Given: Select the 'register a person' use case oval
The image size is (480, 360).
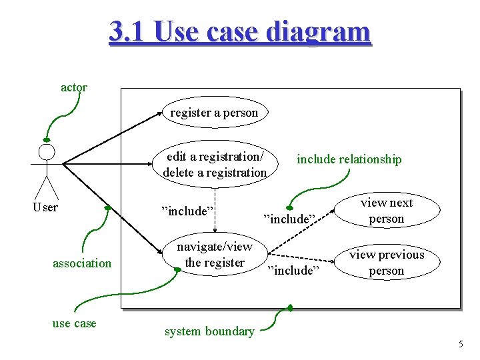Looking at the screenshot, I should pyautogui.click(x=213, y=113).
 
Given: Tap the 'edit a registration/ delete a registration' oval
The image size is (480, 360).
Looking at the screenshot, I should pyautogui.click(x=215, y=164).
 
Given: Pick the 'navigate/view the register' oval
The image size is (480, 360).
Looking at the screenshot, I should pyautogui.click(x=215, y=255).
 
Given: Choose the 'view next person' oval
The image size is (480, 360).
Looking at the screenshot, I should pyautogui.click(x=387, y=211).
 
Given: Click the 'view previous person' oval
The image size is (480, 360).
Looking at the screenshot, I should pyautogui.click(x=387, y=262).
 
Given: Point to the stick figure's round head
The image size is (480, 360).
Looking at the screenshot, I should pyautogui.click(x=46, y=152).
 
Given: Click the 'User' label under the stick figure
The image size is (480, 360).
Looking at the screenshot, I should pyautogui.click(x=45, y=207).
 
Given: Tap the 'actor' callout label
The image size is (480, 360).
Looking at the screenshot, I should pyautogui.click(x=73, y=87).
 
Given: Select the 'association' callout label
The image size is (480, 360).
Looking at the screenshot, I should pyautogui.click(x=82, y=263).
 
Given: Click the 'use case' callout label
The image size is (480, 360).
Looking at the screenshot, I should pyautogui.click(x=74, y=323).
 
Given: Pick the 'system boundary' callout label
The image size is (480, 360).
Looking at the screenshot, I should pyautogui.click(x=209, y=331).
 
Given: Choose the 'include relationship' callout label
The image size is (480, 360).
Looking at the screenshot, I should pyautogui.click(x=349, y=159).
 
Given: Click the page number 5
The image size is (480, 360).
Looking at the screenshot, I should pyautogui.click(x=460, y=344).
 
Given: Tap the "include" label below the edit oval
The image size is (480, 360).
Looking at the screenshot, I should pyautogui.click(x=187, y=211).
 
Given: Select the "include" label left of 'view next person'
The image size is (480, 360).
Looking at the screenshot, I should pyautogui.click(x=289, y=219).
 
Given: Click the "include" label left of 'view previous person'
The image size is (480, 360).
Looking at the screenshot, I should pyautogui.click(x=294, y=270).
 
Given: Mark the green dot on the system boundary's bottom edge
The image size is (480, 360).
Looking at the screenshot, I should pyautogui.click(x=290, y=307).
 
